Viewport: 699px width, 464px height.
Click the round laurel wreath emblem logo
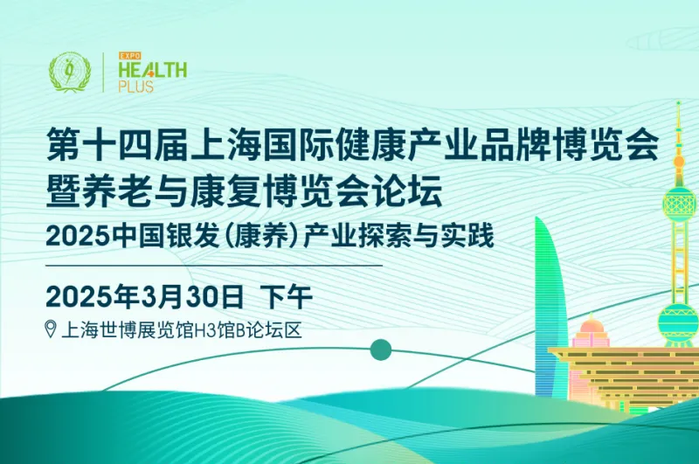coord(70,72)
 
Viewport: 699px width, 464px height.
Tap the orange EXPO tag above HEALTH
coord(129,56)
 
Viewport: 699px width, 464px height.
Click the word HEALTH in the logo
coord(152,70)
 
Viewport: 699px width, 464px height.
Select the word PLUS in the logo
coord(136,86)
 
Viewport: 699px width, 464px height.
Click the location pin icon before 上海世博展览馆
coord(51,329)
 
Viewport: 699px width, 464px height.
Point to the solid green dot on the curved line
coord(381,350)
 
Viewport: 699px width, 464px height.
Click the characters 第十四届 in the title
coord(117,143)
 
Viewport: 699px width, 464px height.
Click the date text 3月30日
coord(192,296)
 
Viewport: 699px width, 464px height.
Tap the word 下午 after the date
coord(287,296)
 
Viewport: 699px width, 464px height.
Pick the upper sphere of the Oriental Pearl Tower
coord(679,203)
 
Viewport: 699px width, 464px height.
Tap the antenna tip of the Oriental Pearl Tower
coord(679,103)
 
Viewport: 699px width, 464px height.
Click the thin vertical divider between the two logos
coord(103,73)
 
